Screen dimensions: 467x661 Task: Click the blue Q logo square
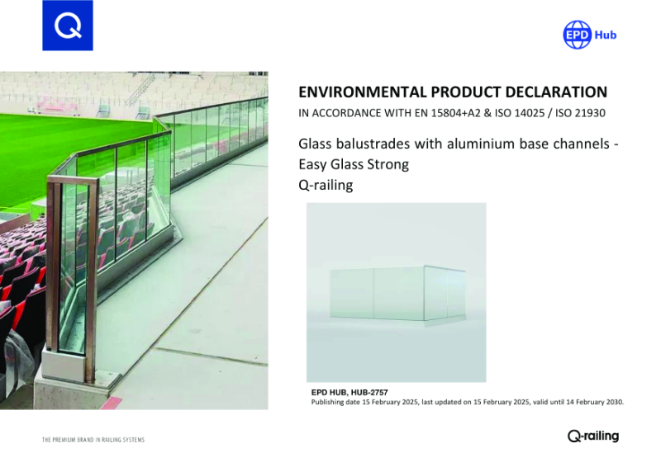click(x=67, y=26)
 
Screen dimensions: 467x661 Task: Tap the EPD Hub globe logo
click(x=577, y=35)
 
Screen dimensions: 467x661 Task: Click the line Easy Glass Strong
click(x=353, y=164)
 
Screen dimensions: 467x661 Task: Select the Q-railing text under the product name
click(x=326, y=185)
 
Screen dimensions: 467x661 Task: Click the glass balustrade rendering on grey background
click(x=396, y=292)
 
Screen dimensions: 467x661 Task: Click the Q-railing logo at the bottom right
click(x=592, y=436)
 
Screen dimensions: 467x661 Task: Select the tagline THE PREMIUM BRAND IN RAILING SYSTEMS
click(x=93, y=440)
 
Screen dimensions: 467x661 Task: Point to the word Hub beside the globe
click(x=606, y=35)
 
